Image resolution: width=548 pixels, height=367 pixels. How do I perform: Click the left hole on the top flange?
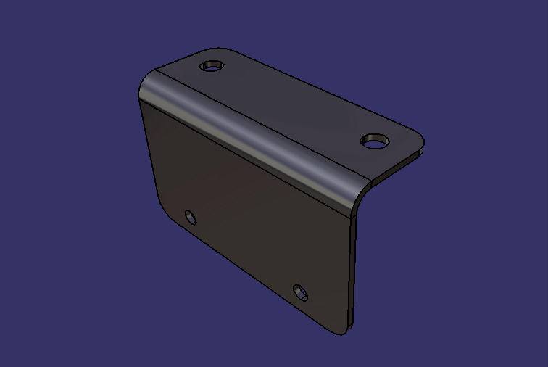point(212,66)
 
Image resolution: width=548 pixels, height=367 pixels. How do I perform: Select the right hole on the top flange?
point(375,141)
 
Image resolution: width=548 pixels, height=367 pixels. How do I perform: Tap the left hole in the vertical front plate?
point(191,216)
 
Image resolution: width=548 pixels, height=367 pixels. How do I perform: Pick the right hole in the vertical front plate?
point(300,292)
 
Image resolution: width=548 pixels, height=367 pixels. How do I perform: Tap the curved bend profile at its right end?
point(362,191)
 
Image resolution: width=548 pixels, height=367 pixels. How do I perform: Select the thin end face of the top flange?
point(399,165)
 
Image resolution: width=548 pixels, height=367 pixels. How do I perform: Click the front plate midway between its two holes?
point(246,254)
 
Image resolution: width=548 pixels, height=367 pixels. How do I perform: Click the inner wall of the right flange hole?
point(374,137)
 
